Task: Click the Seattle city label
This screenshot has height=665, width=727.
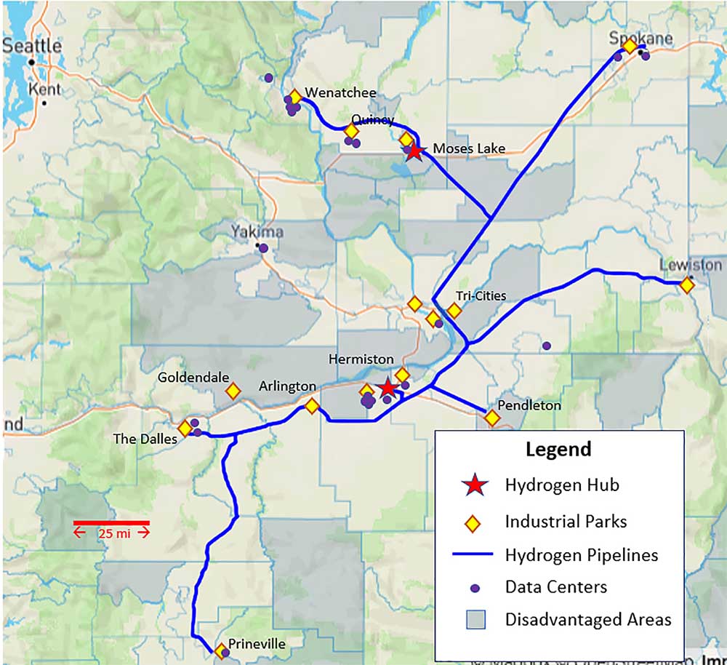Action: [x=33, y=45]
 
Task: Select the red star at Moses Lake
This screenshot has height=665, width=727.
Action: [x=414, y=151]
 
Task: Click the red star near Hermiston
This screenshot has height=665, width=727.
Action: [x=387, y=388]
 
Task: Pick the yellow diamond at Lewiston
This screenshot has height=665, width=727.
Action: [x=686, y=286]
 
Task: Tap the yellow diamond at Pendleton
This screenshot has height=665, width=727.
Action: [x=492, y=418]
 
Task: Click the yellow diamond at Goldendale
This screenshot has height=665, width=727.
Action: [x=233, y=391]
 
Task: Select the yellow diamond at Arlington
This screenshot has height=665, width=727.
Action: [x=312, y=406]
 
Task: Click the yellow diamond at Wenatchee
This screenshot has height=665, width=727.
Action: [x=294, y=97]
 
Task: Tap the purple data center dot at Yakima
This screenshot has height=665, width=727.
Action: [x=263, y=248]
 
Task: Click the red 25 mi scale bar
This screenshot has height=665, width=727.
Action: [x=111, y=522]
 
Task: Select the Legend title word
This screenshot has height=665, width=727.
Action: [x=558, y=449]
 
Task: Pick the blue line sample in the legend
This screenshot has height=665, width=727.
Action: [x=473, y=555]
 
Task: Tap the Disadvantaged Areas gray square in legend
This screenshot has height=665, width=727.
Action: [x=473, y=619]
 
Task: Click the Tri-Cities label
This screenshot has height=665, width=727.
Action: [x=481, y=296]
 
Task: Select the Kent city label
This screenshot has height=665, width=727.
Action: [x=44, y=89]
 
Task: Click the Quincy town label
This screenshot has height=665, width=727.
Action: [x=372, y=119]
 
